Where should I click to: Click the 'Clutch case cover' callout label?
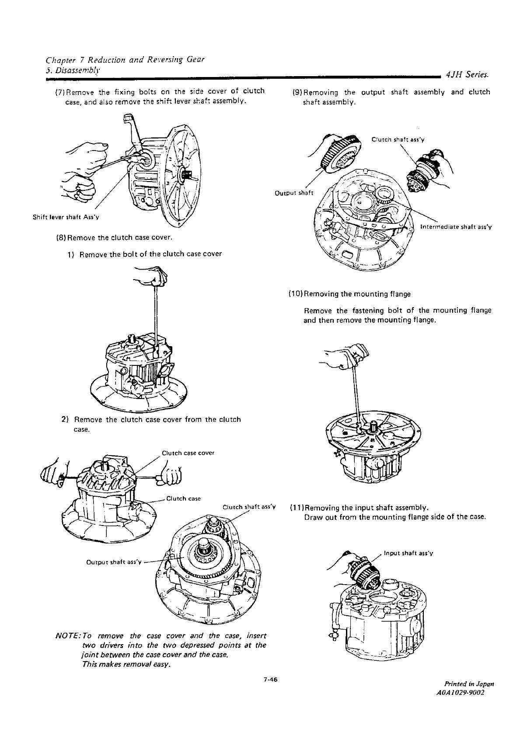point(188,453)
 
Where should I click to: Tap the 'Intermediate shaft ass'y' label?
point(456,227)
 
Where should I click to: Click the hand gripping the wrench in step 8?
point(153,277)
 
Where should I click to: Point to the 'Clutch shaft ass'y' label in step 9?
point(398,140)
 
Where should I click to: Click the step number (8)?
point(62,238)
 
